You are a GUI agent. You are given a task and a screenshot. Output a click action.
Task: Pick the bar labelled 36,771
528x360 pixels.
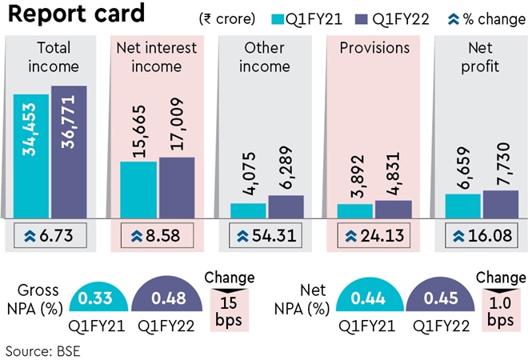tap(69, 151)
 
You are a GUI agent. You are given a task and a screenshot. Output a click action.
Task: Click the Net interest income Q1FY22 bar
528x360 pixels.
tap(177, 187)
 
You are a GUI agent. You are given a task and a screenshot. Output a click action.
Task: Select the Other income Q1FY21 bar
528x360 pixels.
tap(247, 210)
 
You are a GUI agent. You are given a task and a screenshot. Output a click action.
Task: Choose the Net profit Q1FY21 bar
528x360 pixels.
tap(462, 205)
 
